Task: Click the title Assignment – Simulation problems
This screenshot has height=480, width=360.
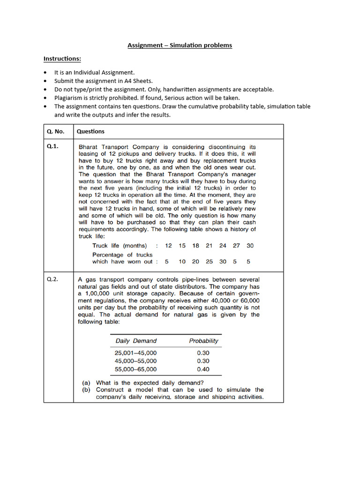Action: [x=180, y=45]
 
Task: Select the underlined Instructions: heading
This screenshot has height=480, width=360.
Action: [x=62, y=59]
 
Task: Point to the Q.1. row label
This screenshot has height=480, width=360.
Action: [x=52, y=147]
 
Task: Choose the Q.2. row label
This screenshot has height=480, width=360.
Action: [x=52, y=279]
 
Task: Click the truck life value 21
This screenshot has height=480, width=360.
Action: [x=209, y=246]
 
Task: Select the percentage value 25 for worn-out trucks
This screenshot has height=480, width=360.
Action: [x=209, y=262]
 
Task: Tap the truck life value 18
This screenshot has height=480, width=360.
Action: [x=195, y=246]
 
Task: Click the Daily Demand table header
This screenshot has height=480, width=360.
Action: [x=136, y=341]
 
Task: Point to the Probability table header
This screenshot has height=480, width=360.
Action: [x=203, y=341]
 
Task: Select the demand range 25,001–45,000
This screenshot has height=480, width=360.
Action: [x=136, y=352]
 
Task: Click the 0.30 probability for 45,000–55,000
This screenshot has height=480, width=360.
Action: [x=203, y=361]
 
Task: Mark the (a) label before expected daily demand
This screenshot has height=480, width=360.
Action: [x=87, y=382]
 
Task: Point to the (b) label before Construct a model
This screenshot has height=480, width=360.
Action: [x=87, y=390]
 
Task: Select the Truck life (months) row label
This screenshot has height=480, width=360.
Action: [x=120, y=246]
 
